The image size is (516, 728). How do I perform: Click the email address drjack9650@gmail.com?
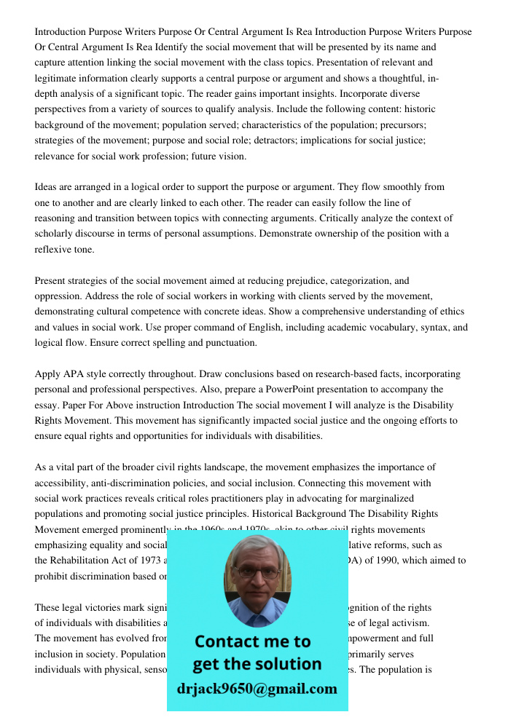pos(257,689)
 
